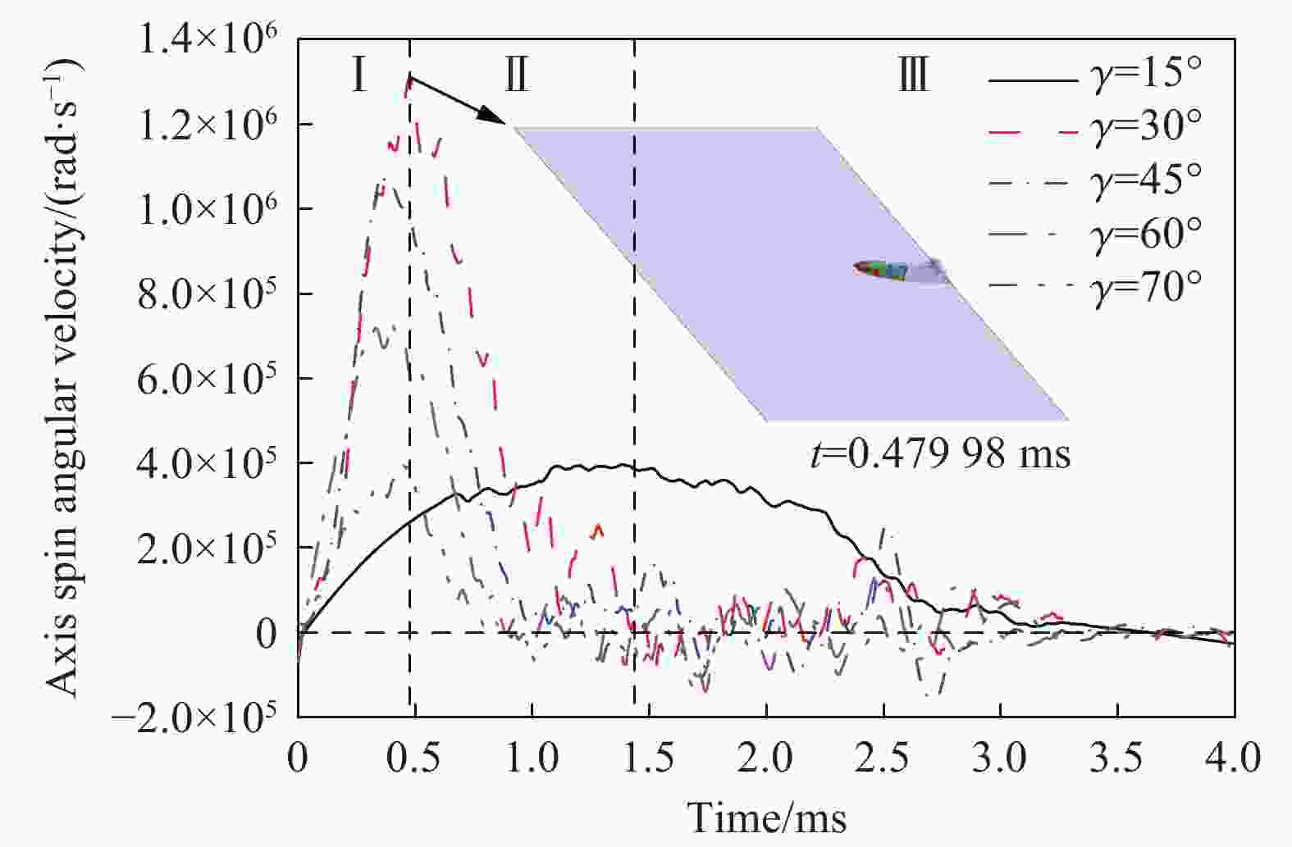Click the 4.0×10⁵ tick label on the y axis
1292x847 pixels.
(208, 463)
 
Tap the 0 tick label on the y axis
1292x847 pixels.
(266, 633)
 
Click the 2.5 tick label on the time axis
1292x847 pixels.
(883, 758)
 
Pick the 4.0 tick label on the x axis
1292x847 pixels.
(1235, 758)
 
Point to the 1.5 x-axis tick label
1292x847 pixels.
(649, 758)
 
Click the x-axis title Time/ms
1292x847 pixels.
(766, 817)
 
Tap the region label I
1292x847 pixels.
(358, 76)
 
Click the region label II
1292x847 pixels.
(517, 76)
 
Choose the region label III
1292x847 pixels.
(913, 76)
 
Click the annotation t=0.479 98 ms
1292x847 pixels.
(940, 453)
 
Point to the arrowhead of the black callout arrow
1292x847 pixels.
(496, 118)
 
